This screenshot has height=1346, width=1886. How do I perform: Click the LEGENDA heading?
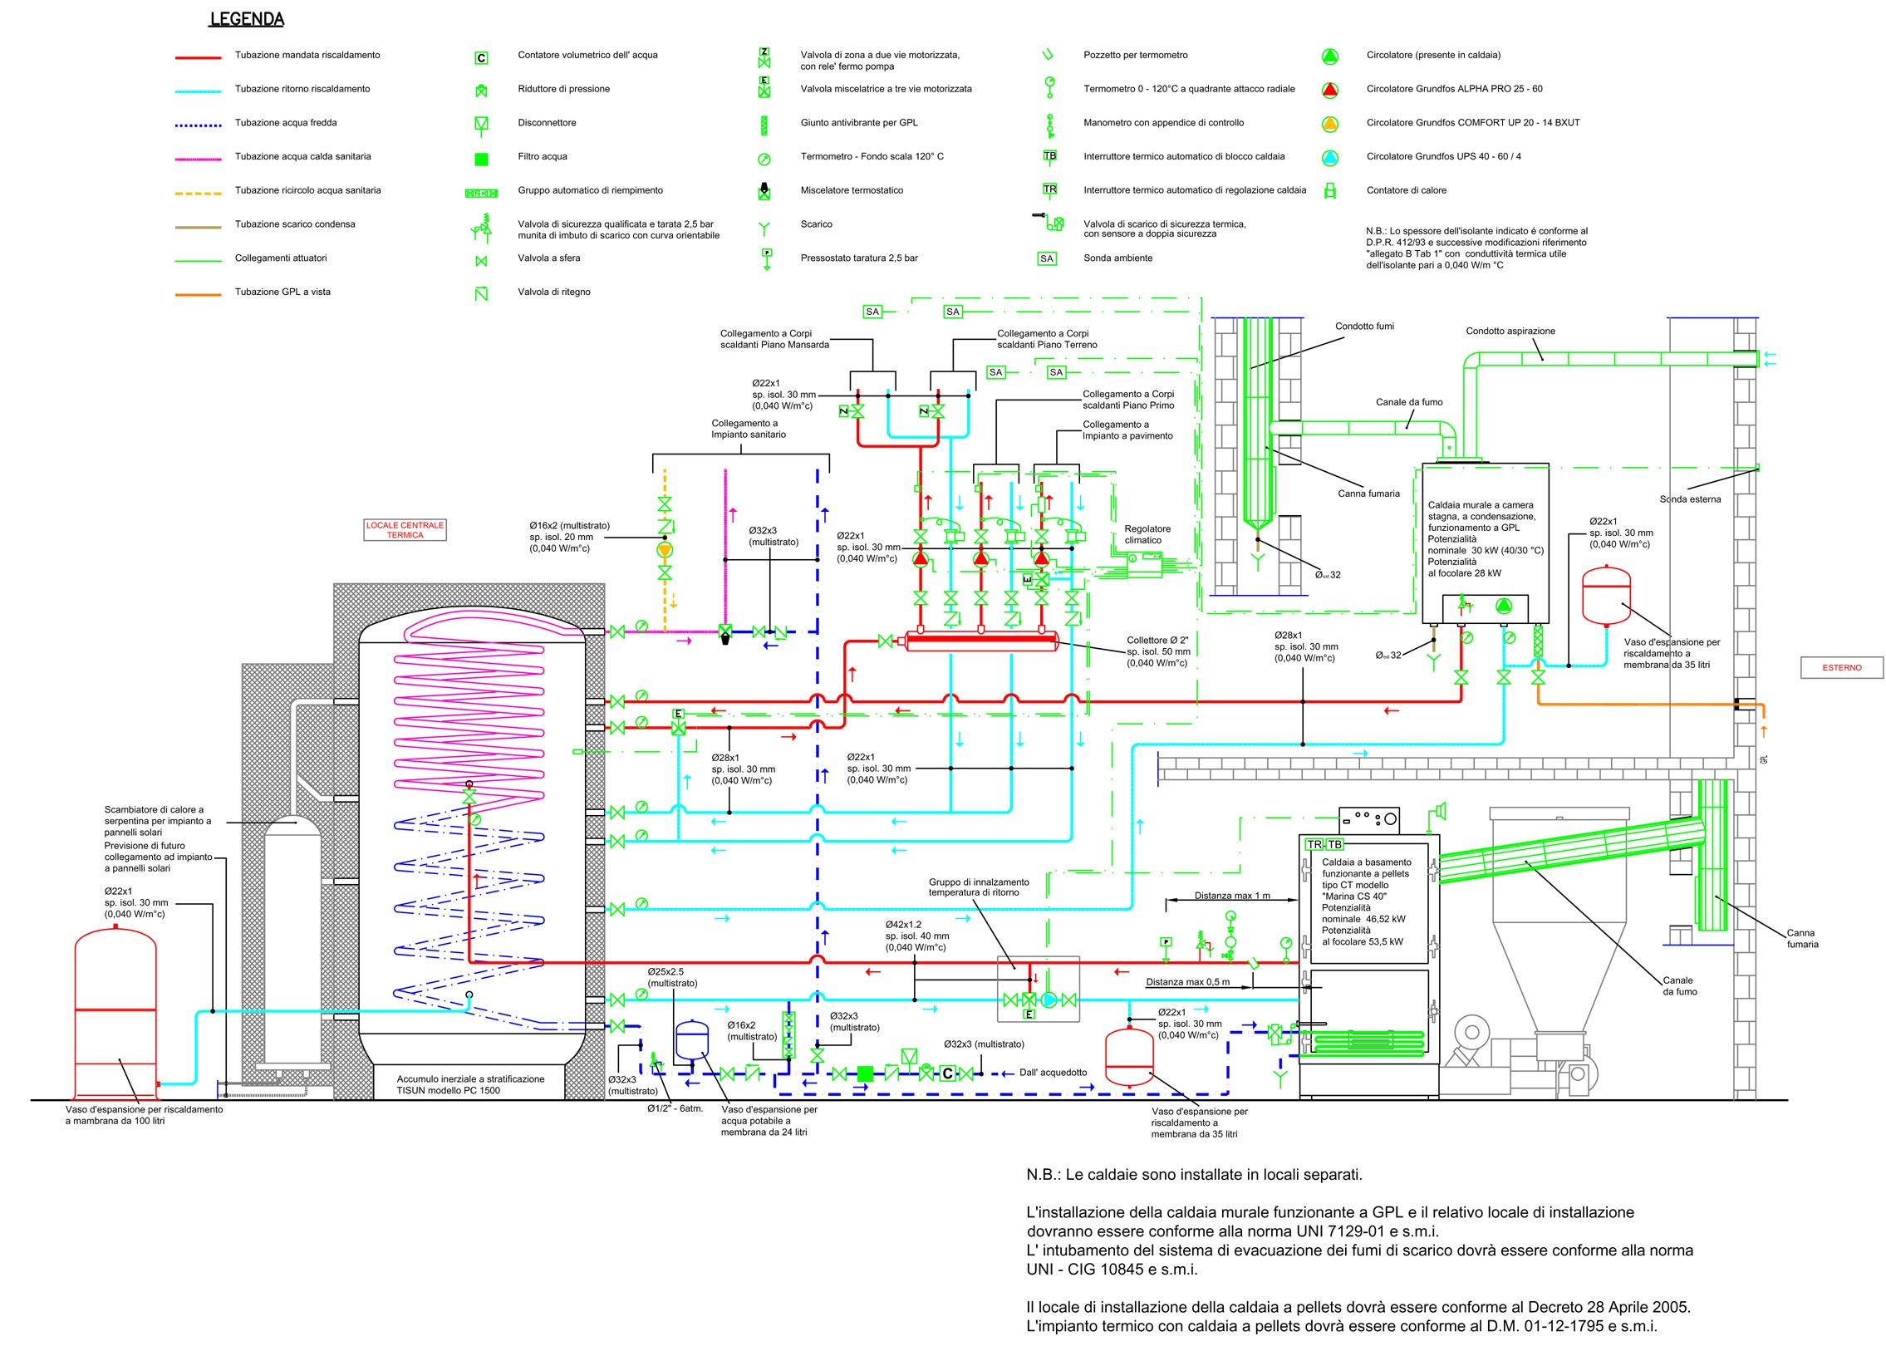247,19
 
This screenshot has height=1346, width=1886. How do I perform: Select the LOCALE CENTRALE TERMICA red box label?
405,530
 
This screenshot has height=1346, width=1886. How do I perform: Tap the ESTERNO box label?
1842,667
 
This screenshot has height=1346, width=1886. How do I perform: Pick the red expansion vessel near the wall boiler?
1605,595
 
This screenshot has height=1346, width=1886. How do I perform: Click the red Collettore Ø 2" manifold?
980,641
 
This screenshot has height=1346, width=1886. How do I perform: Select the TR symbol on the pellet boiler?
1314,844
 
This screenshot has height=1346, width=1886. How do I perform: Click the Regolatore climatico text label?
1147,534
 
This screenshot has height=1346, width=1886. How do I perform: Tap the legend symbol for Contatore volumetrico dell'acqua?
481,58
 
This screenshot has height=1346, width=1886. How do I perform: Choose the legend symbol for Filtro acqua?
481,160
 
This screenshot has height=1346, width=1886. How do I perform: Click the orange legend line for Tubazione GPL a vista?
198,294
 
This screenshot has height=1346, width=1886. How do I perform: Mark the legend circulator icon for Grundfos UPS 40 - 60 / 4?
1330,157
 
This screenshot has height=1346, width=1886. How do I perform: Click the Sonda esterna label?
1690,499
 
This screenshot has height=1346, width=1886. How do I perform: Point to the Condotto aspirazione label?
1510,331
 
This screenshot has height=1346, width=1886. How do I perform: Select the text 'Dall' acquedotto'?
1053,1072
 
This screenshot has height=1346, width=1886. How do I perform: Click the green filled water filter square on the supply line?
865,1073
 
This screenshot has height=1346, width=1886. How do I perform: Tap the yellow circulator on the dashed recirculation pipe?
664,549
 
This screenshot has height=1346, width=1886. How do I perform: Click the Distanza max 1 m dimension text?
1231,896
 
